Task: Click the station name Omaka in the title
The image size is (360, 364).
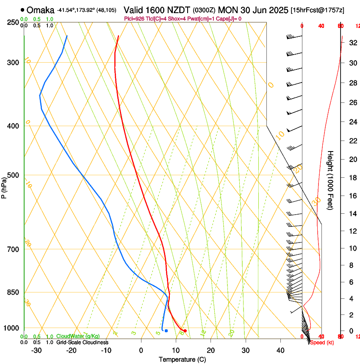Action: pos(41,10)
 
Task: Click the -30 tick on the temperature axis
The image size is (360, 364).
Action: pos(36,350)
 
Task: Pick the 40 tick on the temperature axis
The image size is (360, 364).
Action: pos(280,350)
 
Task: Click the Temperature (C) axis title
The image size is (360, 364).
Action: pos(182,359)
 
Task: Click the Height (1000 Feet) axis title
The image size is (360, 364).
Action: pos(331,180)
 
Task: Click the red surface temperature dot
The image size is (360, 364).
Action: pos(185,331)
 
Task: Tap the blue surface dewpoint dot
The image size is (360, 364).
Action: pos(166,331)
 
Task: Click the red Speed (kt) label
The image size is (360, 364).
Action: pos(322,342)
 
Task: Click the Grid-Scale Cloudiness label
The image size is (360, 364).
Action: pos(82,342)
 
